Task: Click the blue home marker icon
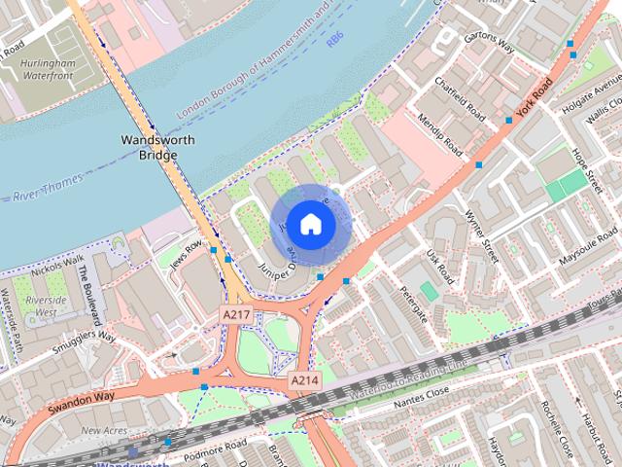click(x=309, y=224)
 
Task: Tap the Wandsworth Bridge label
click(x=157, y=147)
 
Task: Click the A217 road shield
click(x=237, y=315)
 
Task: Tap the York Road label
click(x=536, y=96)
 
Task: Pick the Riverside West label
click(x=51, y=307)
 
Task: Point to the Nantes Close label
click(x=421, y=392)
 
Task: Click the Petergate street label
click(x=411, y=304)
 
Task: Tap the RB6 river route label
click(x=335, y=39)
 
